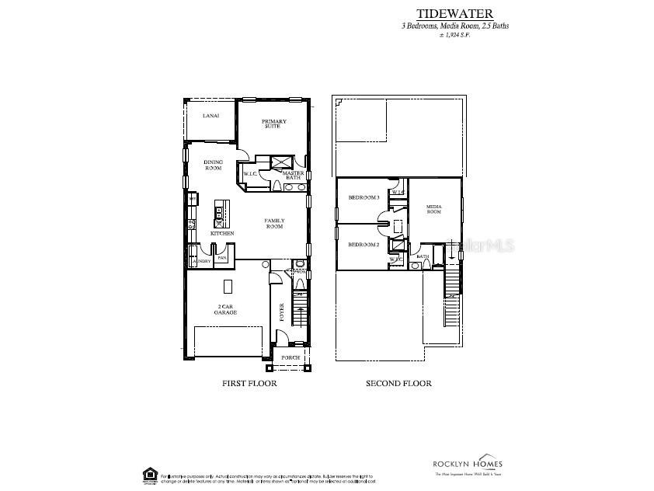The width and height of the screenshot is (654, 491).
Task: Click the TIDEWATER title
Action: [454, 13]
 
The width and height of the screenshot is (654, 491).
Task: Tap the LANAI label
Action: [210, 116]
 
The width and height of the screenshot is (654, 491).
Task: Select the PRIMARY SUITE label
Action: [273, 124]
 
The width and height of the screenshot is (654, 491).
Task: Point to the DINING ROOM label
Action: [213, 165]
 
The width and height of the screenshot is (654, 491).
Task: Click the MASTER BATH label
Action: [292, 176]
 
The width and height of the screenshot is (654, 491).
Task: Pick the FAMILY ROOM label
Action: [274, 224]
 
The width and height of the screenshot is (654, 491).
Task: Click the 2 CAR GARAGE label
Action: [225, 309]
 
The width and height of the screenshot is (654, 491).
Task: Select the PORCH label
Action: [290, 357]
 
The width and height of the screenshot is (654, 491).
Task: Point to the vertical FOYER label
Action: [282, 312]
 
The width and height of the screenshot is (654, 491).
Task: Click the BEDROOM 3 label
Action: [363, 197]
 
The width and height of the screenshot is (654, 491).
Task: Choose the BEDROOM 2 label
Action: [363, 244]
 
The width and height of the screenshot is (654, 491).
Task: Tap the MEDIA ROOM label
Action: [433, 209]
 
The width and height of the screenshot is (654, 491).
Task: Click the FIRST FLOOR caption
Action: [249, 383]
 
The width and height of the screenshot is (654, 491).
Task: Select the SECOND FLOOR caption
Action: [398, 383]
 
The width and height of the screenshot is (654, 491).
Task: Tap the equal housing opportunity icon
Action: [148, 473]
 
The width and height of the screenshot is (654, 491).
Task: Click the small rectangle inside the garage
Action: [228, 284]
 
